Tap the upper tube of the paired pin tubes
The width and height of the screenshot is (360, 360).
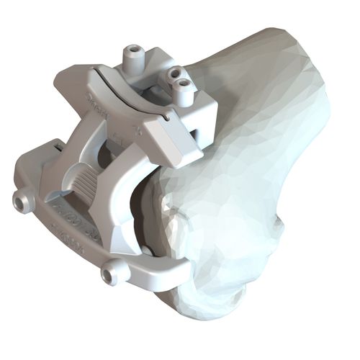click(173, 75)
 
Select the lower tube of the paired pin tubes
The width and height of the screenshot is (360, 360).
click(185, 87)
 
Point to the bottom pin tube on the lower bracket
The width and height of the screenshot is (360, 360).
click(114, 273)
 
